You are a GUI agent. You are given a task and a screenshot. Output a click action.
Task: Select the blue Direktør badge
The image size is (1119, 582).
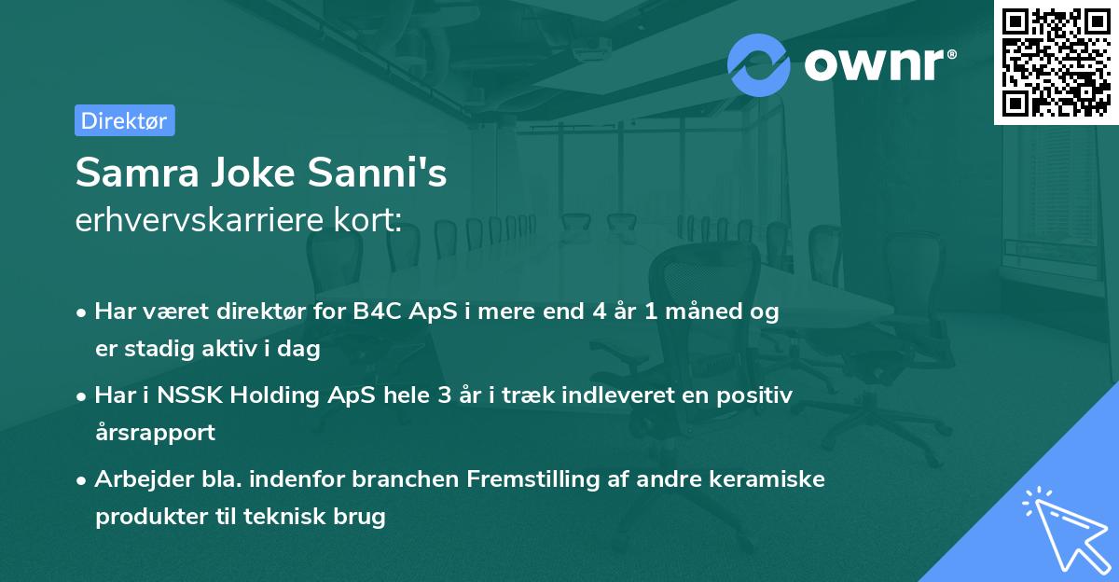point(124,120)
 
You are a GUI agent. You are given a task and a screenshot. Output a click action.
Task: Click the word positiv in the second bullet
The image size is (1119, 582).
point(758,395)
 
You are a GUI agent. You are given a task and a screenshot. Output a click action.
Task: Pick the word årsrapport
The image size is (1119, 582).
point(155,433)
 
